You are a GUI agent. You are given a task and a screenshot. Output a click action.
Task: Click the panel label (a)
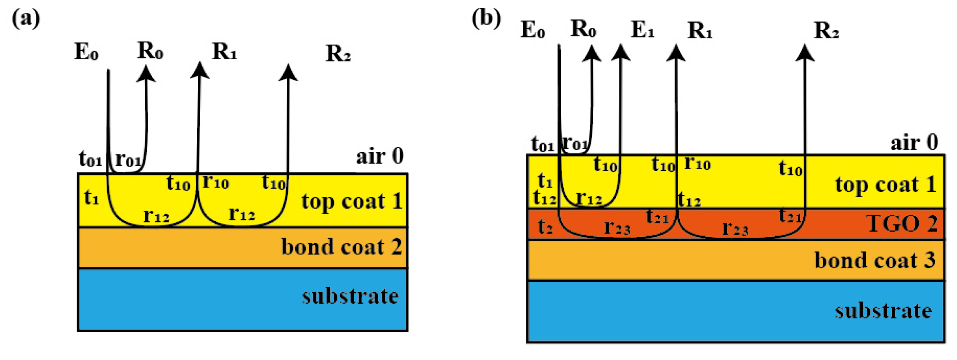tap(26, 19)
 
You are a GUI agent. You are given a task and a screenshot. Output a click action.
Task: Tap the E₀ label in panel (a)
tap(86, 52)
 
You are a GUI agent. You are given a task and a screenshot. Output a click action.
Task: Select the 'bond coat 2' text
tap(341, 247)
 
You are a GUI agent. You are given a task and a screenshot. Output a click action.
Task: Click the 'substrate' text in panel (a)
tap(350, 296)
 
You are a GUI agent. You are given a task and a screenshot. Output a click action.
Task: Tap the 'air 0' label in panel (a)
tap(379, 156)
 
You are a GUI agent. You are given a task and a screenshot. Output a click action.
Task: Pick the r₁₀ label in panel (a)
tap(216, 182)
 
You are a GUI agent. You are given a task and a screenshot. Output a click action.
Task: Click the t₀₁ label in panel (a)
tap(90, 159)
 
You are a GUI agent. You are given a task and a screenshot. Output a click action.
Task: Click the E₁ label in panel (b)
tap(642, 30)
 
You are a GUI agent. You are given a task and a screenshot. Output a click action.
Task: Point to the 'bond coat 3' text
tap(875, 260)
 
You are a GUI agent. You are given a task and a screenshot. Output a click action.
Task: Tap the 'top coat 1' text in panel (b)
tap(885, 185)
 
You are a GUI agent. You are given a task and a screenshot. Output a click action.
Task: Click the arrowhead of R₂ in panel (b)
tap(804, 53)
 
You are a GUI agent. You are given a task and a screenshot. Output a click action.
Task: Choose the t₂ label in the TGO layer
tap(545, 227)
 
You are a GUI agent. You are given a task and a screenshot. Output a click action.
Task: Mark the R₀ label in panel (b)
tap(583, 29)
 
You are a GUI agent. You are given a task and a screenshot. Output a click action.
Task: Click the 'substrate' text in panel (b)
tap(883, 311)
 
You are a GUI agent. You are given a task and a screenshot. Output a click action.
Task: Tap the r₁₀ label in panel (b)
tap(697, 163)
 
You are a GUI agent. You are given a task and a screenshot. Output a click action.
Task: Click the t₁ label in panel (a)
tap(91, 197)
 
